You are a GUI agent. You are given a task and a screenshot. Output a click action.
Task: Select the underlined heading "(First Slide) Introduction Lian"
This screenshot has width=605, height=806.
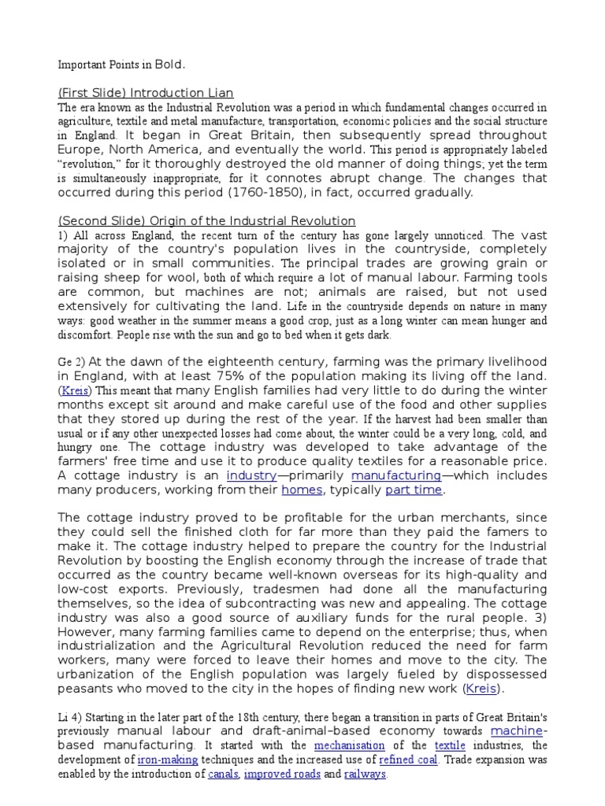tap(147, 93)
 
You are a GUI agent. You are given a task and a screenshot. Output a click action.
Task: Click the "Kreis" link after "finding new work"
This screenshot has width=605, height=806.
tap(484, 689)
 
